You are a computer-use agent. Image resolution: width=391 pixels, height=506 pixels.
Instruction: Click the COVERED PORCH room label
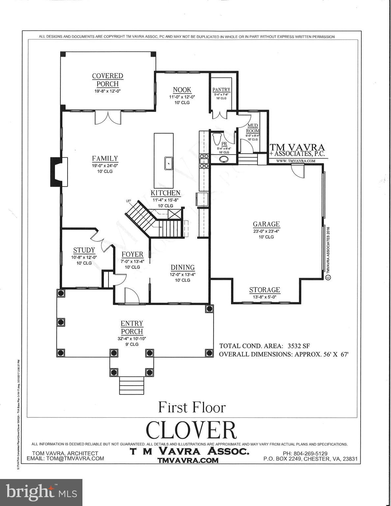point(107,80)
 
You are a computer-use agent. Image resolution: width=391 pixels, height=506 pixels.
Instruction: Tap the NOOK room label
point(182,90)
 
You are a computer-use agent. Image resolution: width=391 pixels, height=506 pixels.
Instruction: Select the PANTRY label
point(221,90)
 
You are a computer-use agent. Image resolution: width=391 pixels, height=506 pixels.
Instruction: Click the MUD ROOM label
point(253,128)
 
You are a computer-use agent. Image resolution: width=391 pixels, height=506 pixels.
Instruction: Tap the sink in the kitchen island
point(168,163)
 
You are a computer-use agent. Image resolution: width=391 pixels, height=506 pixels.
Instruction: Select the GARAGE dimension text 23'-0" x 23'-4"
point(266,231)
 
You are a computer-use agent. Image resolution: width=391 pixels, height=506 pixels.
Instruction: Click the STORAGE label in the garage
point(264,290)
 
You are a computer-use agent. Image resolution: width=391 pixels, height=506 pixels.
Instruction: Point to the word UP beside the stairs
point(129,201)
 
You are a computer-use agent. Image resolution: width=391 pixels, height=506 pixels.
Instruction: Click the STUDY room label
point(84,250)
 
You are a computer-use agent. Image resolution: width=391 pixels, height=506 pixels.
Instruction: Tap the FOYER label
point(132,254)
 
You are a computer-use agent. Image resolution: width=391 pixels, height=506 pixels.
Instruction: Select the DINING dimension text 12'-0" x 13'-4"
point(182,274)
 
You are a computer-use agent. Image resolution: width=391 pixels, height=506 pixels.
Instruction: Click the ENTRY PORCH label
point(132,327)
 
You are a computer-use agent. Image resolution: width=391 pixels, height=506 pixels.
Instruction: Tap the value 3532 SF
point(299,346)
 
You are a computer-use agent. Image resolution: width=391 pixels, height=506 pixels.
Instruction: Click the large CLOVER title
point(191,430)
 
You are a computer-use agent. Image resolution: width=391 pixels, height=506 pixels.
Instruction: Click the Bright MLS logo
point(41,492)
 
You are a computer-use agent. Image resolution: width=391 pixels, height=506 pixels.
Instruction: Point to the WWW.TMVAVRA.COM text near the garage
point(295,161)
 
